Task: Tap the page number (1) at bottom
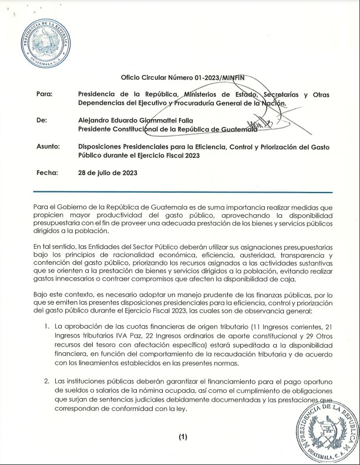(x=182, y=437)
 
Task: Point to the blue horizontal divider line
(x=182, y=192)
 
